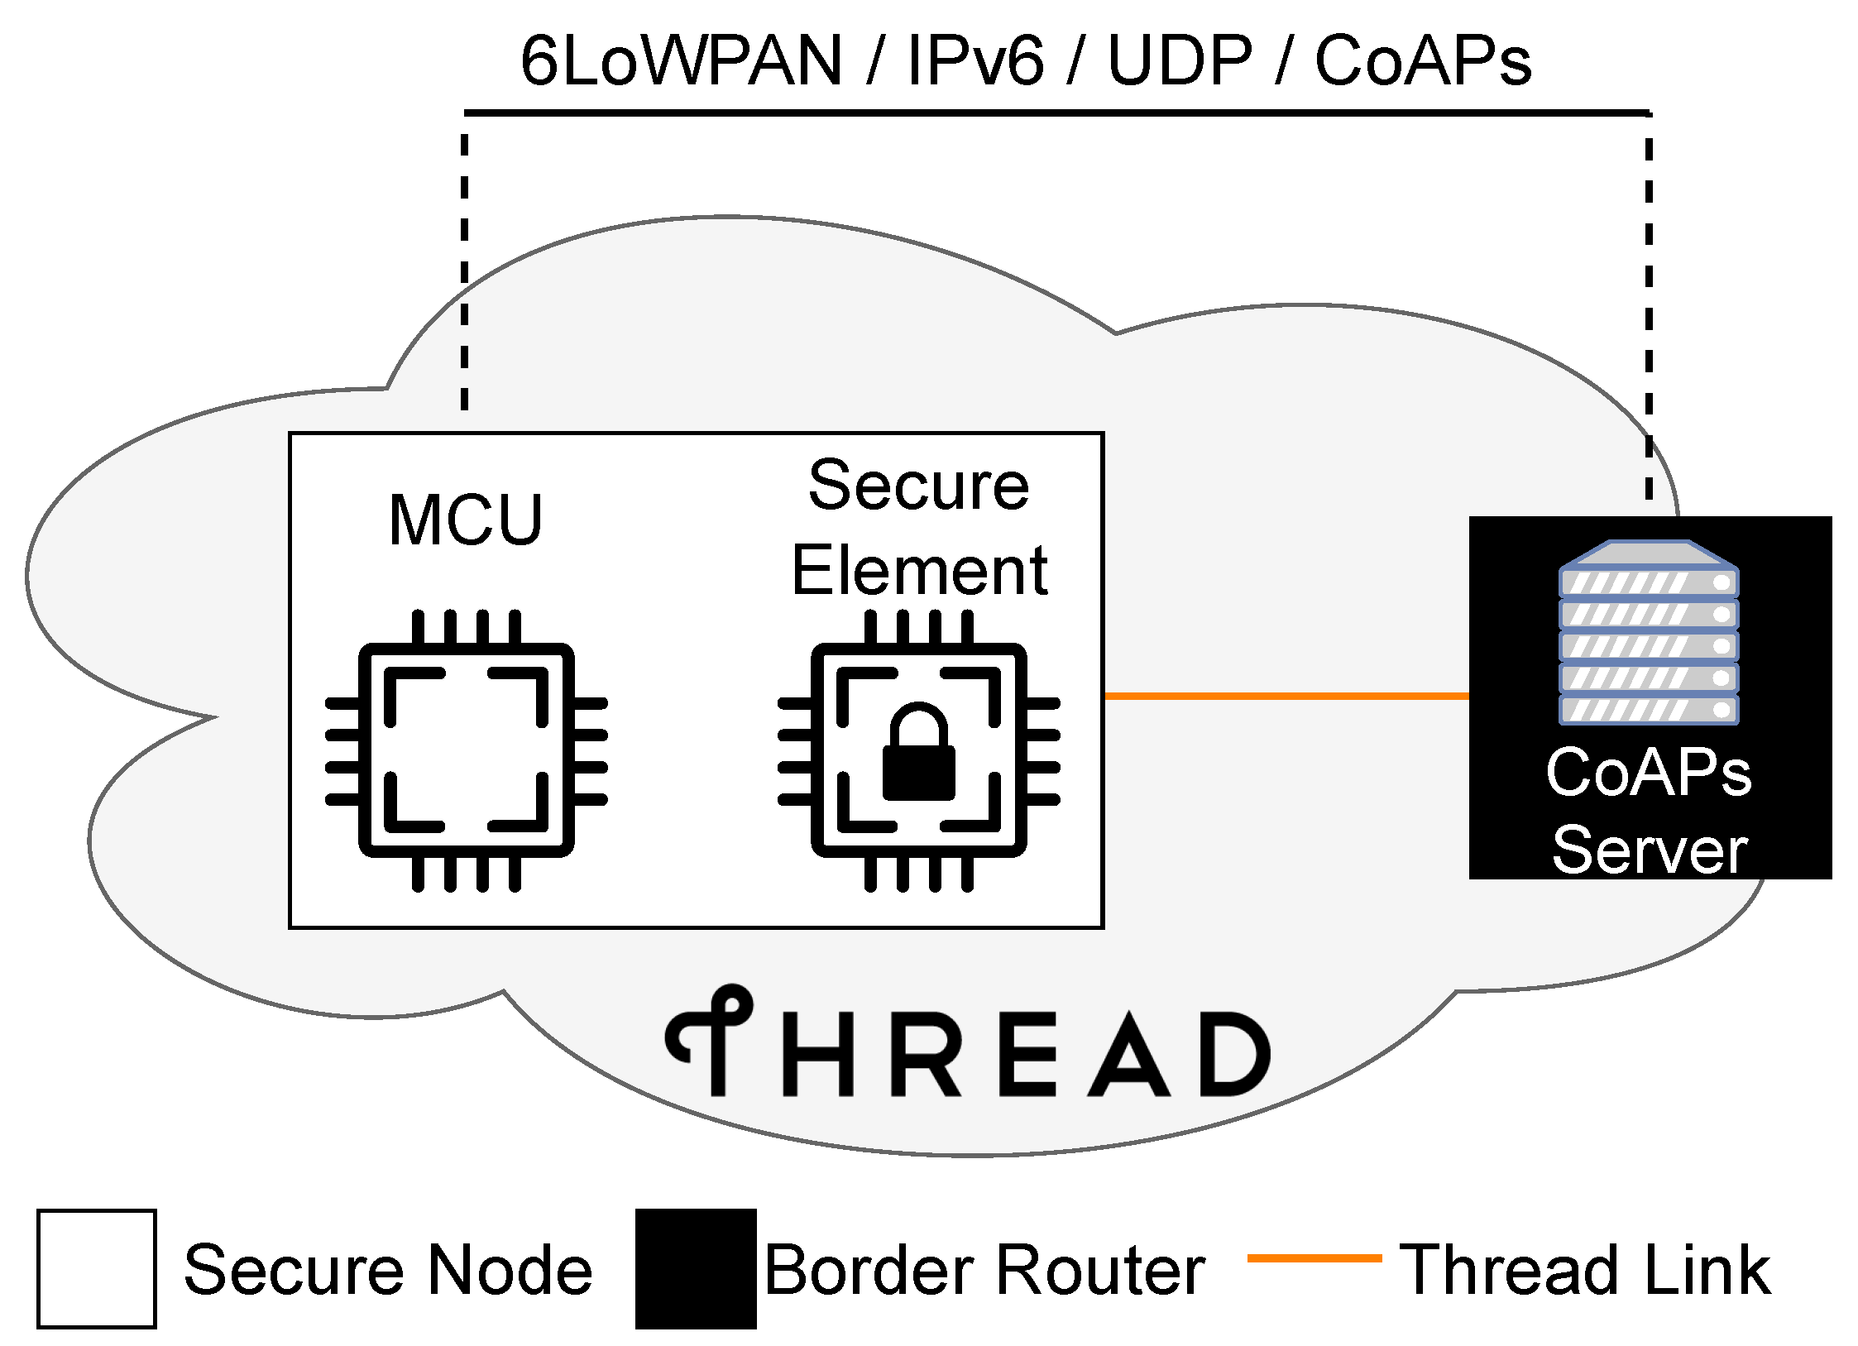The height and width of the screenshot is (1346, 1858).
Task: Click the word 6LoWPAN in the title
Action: tap(680, 61)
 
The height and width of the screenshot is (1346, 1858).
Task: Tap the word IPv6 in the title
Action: tap(974, 61)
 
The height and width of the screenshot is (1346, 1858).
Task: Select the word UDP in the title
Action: tap(1180, 61)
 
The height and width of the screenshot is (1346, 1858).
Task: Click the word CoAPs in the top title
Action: tap(1423, 61)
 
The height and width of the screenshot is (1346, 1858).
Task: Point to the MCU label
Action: tap(466, 520)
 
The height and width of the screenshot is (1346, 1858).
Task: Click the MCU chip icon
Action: tap(466, 750)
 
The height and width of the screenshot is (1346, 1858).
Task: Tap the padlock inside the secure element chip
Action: tap(918, 753)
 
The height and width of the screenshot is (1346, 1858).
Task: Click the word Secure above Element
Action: tap(918, 486)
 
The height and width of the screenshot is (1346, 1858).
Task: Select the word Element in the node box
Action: tap(919, 571)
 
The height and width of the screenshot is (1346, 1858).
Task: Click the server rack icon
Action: tap(1648, 633)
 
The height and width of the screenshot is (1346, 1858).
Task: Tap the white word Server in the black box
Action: tap(1650, 850)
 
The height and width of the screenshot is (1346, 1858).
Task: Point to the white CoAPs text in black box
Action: tap(1648, 772)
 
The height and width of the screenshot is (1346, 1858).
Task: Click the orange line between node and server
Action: tap(1286, 696)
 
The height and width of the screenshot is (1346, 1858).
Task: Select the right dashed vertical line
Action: tap(1649, 306)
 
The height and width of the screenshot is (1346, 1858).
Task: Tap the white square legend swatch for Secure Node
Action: tap(97, 1268)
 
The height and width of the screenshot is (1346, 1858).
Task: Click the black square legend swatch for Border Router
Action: tap(696, 1268)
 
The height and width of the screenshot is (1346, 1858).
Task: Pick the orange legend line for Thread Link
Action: tap(1314, 1258)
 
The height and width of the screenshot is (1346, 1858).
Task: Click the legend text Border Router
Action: tap(984, 1270)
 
